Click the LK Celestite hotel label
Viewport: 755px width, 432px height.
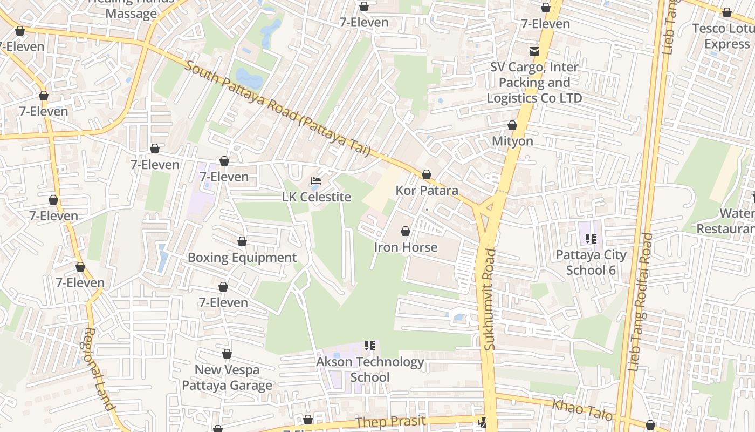click(317, 197)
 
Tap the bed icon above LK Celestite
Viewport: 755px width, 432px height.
click(316, 180)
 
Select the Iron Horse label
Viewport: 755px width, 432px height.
click(406, 247)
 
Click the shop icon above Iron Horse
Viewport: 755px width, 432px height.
click(406, 231)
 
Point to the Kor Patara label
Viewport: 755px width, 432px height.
click(427, 191)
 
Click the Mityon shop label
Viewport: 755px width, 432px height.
click(512, 141)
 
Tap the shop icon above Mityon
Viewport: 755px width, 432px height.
click(512, 125)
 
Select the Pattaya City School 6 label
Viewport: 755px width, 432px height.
click(591, 262)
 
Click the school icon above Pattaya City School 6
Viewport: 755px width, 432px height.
click(591, 238)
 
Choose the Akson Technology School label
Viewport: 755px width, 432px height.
click(370, 369)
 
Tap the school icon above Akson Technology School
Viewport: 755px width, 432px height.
click(370, 345)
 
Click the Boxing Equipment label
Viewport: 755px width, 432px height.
click(242, 258)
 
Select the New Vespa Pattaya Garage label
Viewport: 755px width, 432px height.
click(226, 377)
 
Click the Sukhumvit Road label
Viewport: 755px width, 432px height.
click(489, 299)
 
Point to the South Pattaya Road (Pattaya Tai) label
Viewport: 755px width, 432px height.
click(278, 109)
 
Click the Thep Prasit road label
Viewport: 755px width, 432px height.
click(391, 422)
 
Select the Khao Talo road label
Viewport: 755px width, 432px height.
click(582, 410)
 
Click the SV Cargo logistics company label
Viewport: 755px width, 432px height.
click(534, 83)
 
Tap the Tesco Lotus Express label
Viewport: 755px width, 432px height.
click(724, 36)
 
